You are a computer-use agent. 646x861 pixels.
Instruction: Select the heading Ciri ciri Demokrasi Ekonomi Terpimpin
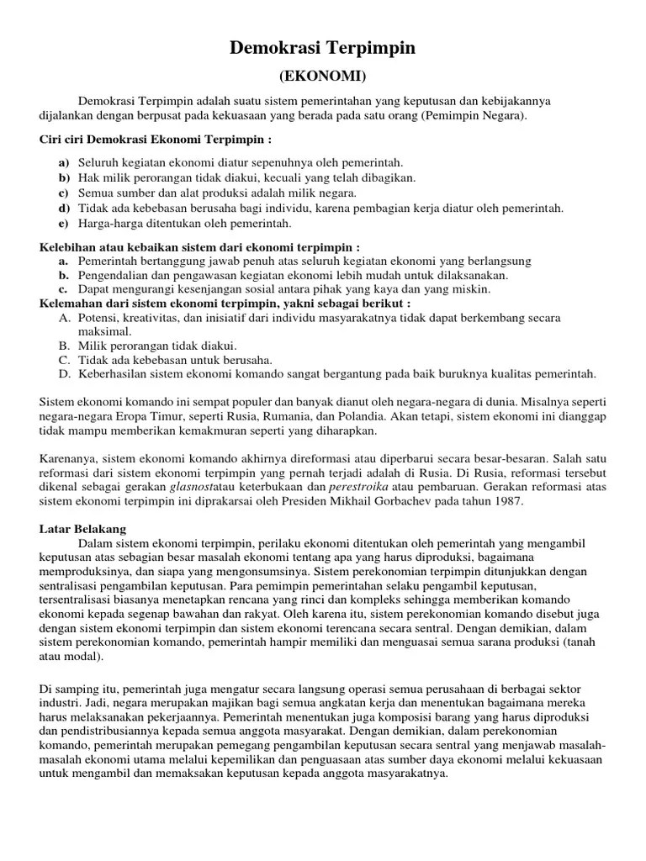[x=156, y=138]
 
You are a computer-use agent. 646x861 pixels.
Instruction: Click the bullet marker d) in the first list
[x=64, y=208]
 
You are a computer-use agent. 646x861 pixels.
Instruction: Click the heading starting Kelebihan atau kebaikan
[x=200, y=247]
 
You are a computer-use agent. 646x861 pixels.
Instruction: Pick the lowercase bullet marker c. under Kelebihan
[x=64, y=288]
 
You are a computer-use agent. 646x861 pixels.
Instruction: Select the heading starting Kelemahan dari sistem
[x=225, y=303]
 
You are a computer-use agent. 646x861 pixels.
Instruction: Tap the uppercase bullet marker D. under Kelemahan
[x=64, y=372]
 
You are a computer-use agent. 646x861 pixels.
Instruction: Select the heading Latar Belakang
[x=82, y=529]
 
